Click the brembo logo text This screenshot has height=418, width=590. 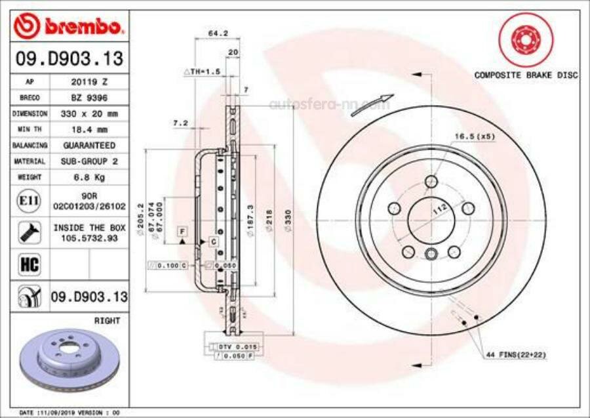point(79,26)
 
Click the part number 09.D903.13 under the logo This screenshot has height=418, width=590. point(69,59)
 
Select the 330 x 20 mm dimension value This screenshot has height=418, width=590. point(89,114)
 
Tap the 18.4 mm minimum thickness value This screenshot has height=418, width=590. point(89,129)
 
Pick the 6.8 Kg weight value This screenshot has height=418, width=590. point(89,177)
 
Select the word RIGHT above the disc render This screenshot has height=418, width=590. point(107,321)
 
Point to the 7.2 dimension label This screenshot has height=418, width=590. point(180,123)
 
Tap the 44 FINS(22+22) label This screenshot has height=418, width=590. point(516,354)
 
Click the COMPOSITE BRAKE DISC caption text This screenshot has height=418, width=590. point(526,75)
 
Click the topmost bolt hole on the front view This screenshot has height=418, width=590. point(431,181)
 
